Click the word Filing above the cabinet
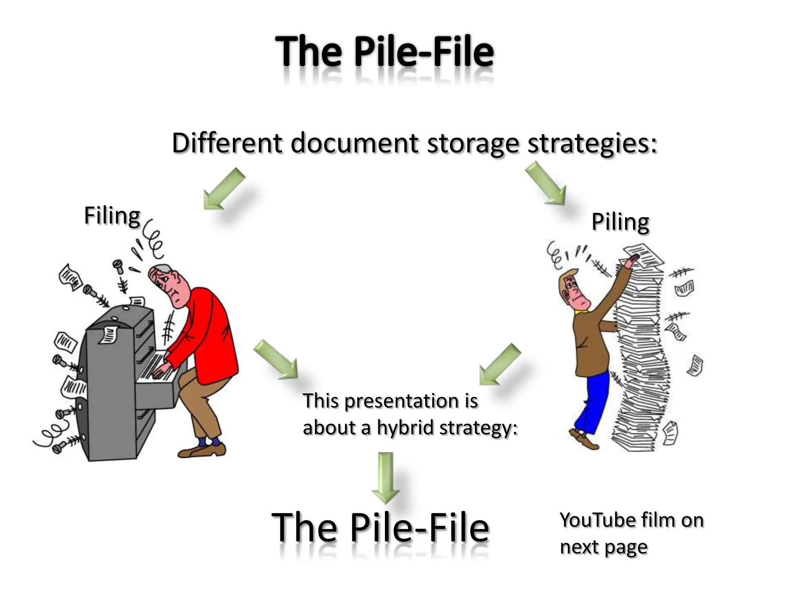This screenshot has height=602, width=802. (x=112, y=216)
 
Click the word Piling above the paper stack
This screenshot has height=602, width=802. (x=620, y=222)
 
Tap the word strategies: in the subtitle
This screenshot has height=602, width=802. (x=592, y=143)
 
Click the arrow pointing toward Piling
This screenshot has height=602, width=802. (x=546, y=183)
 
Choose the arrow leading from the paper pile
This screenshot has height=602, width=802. (x=499, y=364)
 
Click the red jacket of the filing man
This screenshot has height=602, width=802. (x=208, y=333)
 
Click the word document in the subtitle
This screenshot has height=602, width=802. (x=354, y=143)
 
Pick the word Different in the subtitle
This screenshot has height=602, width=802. (x=227, y=143)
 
